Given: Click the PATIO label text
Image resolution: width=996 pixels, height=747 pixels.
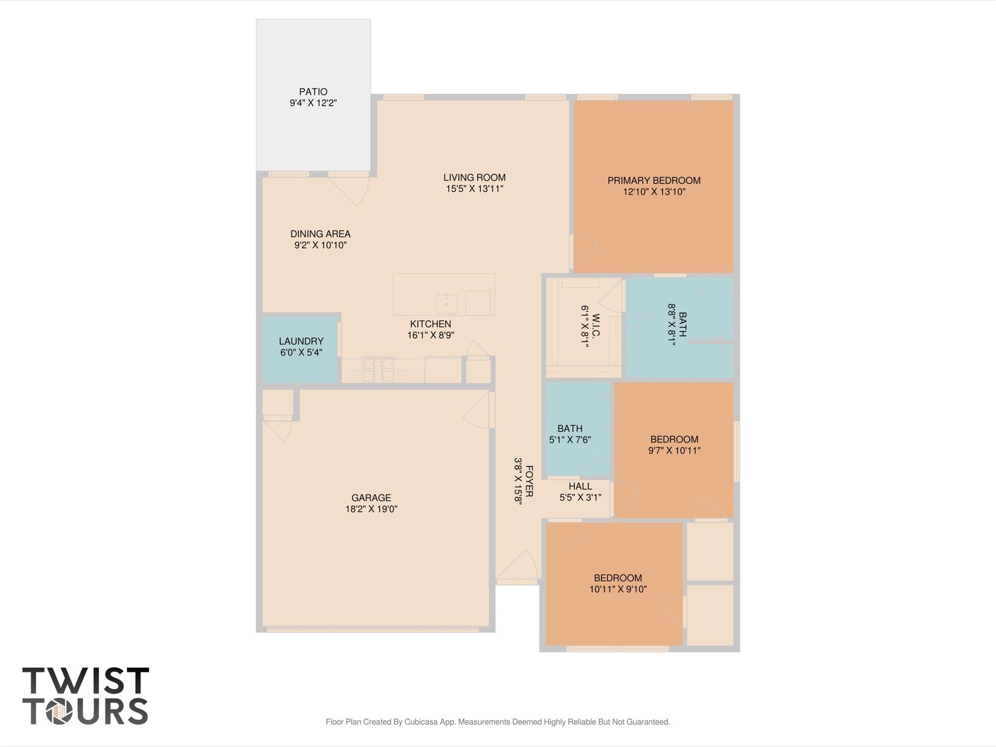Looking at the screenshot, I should [313, 91].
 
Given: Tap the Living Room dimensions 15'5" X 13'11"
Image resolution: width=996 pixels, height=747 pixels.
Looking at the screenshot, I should [474, 189].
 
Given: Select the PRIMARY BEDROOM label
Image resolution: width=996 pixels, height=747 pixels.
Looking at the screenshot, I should [653, 181].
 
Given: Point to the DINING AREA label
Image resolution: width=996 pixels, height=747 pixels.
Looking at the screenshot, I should [320, 234].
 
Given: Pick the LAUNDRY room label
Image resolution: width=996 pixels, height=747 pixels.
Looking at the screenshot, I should [301, 341].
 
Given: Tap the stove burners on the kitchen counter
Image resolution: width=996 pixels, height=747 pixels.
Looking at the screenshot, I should [378, 370].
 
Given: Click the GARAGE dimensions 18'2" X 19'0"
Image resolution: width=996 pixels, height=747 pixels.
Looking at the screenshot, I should [371, 509].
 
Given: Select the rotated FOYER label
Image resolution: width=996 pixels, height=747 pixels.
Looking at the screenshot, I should [529, 481].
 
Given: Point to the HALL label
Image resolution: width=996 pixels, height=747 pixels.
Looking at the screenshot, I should [580, 486].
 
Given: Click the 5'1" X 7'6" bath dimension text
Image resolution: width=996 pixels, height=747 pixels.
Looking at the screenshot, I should [570, 440].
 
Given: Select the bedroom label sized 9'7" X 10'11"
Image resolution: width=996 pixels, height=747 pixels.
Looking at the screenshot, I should [674, 439].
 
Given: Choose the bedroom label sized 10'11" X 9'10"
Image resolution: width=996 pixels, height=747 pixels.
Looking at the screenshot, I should [617, 578].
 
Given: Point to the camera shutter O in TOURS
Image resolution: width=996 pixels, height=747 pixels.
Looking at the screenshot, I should [59, 712].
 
